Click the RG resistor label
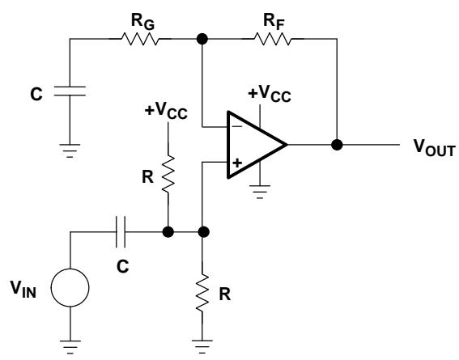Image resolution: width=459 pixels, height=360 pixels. (142, 22)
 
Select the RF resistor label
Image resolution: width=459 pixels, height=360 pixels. (274, 22)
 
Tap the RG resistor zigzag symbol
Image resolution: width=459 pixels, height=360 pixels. (140, 39)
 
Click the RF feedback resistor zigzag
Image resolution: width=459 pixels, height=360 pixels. (273, 39)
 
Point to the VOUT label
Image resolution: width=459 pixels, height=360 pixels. (435, 148)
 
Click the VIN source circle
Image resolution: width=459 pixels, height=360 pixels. (70, 288)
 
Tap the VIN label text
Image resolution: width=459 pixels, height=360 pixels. (23, 290)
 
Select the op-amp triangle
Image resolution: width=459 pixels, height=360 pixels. (257, 145)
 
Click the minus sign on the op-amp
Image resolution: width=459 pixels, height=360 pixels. (237, 126)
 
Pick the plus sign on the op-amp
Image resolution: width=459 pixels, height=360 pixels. (237, 163)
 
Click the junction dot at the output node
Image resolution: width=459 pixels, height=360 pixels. (337, 145)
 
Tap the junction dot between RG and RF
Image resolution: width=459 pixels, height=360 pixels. (202, 39)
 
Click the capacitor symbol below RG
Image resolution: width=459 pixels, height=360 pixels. (70, 91)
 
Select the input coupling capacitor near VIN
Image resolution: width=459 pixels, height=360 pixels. (121, 232)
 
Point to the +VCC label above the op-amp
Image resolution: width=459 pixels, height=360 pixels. (270, 93)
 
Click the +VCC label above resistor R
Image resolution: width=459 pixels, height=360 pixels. (166, 111)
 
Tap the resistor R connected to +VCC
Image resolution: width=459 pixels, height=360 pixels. (168, 174)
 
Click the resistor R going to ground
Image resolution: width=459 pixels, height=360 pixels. (202, 293)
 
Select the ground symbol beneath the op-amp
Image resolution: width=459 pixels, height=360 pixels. (260, 192)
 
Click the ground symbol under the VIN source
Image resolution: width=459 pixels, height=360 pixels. (70, 347)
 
